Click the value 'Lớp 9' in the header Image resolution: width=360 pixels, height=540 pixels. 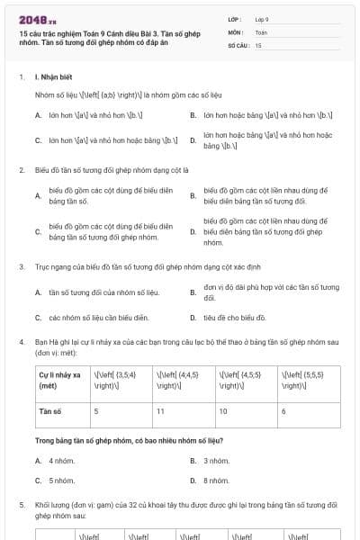[262, 18]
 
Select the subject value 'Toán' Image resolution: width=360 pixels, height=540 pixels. [261, 31]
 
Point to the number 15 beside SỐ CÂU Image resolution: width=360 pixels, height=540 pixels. [258, 44]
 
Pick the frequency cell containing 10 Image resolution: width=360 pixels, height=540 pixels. [223, 410]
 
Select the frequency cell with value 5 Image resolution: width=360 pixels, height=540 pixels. [97, 410]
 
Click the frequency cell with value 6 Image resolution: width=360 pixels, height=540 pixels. [283, 410]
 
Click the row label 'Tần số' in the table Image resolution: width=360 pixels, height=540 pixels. [49, 410]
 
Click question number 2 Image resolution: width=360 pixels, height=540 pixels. [22, 169]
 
